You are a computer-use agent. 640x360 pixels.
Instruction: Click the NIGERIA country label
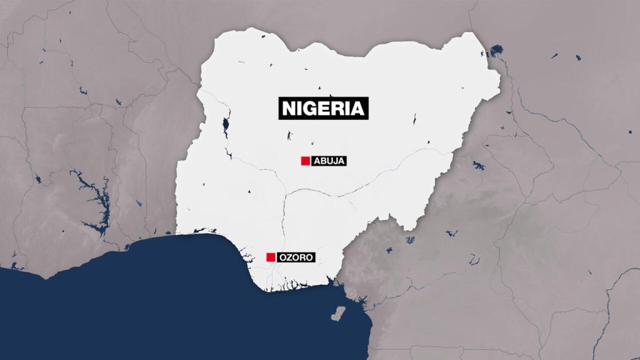(322, 108)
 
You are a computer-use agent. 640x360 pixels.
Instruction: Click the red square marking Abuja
(305, 161)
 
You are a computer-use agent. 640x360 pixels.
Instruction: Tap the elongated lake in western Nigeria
(226, 127)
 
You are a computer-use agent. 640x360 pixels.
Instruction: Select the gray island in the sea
(339, 312)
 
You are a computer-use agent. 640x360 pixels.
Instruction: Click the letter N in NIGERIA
(289, 108)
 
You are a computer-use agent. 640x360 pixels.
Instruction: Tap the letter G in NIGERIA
(311, 108)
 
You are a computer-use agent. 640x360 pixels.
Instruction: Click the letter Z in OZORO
(291, 257)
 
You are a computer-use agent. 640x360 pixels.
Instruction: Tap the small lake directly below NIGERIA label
(289, 135)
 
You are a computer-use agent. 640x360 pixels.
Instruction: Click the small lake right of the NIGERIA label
(414, 119)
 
